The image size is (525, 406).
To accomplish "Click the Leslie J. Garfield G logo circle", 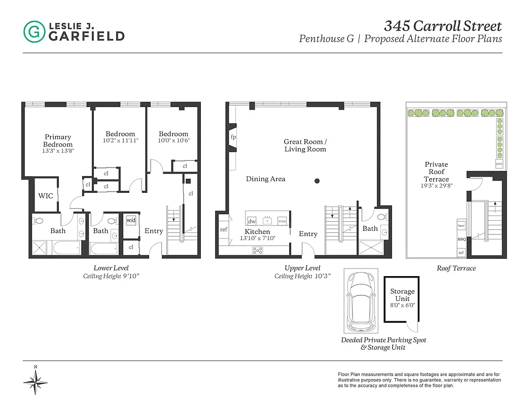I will tap(34, 31).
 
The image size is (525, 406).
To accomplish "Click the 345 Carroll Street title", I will tap(442, 25).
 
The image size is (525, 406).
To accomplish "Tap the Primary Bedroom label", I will tap(58, 141).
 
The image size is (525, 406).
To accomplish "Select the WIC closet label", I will tap(46, 196).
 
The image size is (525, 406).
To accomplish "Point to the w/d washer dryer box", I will tap(131, 220).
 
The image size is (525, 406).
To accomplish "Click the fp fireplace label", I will tap(233, 138).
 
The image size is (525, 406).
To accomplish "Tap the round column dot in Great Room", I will tap(317, 181).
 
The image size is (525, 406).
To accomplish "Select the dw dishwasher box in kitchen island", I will tap(252, 221).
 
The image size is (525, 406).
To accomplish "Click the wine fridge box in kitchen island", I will tap(282, 221).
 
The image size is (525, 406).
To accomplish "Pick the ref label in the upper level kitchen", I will tap(224, 229).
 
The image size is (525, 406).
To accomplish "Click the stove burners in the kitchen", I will tap(258, 250).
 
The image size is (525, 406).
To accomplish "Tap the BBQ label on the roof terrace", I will tap(462, 239).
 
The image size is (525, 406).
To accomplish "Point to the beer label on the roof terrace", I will tap(461, 225).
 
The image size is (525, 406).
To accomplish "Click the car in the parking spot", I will tap(360, 299).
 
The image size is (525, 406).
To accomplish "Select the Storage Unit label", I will tap(402, 295).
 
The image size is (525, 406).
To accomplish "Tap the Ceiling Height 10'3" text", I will tap(302, 276).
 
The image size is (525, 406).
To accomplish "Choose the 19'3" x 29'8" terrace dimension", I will tap(436, 186).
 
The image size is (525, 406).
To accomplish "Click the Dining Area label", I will tap(265, 179).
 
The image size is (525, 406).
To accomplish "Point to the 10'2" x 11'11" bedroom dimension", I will tap(120, 141).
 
